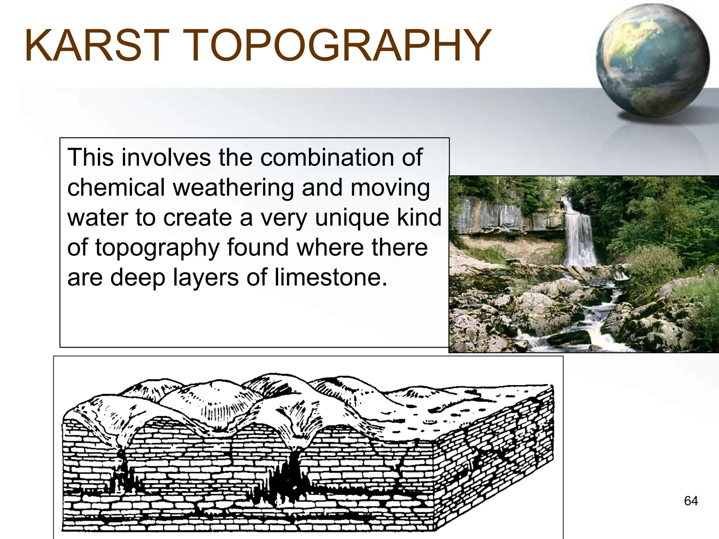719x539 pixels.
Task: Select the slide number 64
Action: coord(691,501)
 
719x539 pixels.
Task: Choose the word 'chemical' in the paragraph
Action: coord(116,187)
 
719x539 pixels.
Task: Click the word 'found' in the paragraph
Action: coord(258,247)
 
